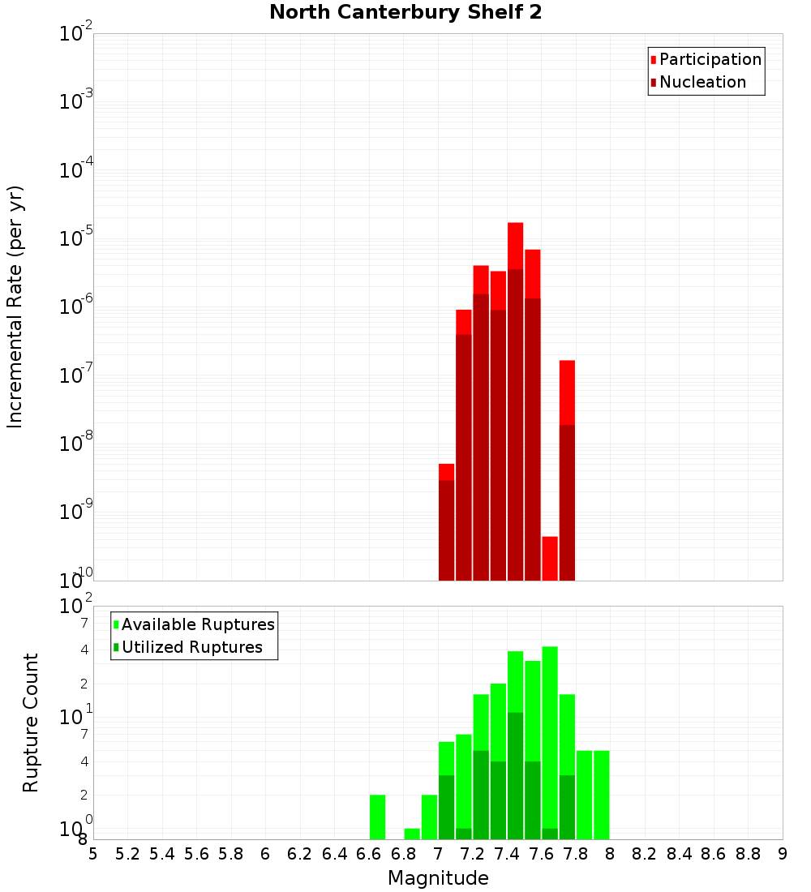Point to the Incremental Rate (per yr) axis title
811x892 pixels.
15,307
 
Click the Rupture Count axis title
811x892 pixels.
31,723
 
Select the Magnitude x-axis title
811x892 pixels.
438,878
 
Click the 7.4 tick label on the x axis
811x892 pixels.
507,854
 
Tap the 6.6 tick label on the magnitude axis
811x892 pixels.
369,854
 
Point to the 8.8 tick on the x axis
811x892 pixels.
748,854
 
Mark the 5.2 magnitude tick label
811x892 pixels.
127,854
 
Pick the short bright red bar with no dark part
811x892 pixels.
550,558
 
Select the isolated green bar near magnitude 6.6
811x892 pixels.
377,817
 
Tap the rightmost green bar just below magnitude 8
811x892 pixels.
601,795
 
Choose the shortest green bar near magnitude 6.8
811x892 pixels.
412,834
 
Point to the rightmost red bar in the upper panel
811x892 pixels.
567,470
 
